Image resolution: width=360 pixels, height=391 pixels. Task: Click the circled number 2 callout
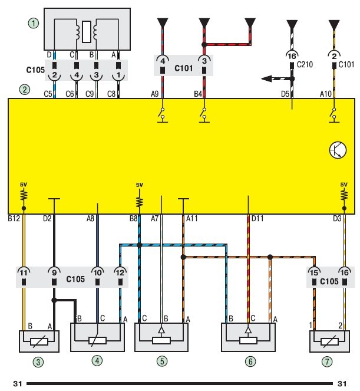[x=24, y=90]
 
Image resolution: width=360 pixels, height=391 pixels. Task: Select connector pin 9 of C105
[x=54, y=273]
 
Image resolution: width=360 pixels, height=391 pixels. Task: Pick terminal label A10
[x=326, y=93]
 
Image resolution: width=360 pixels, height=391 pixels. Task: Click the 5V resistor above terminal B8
[x=140, y=201]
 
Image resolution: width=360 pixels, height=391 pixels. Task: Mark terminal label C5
[x=48, y=93]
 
